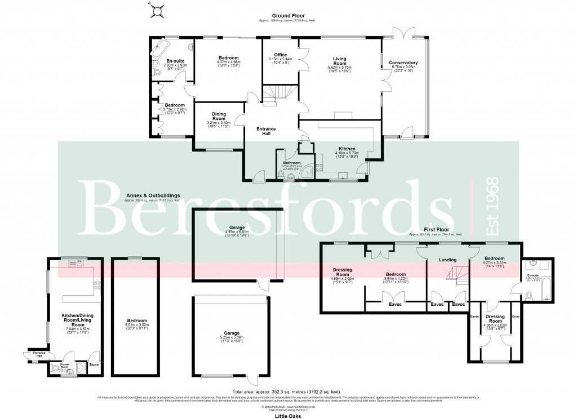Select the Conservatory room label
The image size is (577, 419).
click(x=404, y=63)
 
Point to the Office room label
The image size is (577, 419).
click(x=280, y=55)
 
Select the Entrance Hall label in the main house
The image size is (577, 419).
click(x=266, y=131)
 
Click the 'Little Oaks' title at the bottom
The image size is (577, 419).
click(x=288, y=413)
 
